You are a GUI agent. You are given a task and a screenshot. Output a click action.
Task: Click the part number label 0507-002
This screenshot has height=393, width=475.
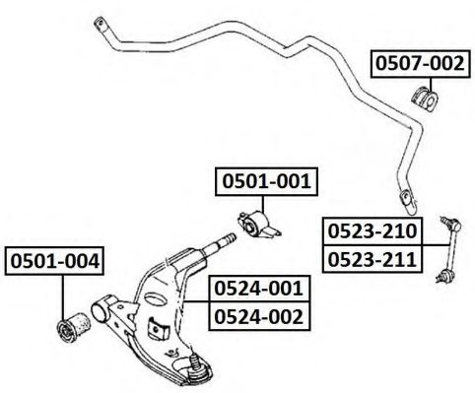coord(420,64)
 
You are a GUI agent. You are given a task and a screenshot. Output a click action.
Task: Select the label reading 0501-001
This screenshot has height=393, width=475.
coord(266,181)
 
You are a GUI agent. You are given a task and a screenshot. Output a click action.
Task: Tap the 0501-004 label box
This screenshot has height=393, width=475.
coord(54,261)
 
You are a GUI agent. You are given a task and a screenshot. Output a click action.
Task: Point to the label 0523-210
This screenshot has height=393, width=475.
coord(373,230)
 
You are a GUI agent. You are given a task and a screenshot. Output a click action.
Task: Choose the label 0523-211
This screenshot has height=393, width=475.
coord(373,259)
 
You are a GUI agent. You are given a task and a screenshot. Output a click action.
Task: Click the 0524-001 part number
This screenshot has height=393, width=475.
coord(259,289)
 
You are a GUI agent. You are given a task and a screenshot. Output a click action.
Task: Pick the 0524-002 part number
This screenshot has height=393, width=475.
coord(259,316)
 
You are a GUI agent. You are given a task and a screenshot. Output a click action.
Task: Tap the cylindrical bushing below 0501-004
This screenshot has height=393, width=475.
coord(74,326)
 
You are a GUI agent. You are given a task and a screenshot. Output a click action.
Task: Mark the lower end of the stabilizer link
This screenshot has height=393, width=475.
coord(444,275)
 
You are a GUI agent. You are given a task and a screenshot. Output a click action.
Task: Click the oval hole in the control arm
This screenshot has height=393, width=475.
coord(156,298)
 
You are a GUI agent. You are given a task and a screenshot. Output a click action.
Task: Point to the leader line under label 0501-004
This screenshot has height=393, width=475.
coord(62,297)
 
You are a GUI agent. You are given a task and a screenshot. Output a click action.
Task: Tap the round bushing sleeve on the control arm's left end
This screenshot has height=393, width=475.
coord(103,309)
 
